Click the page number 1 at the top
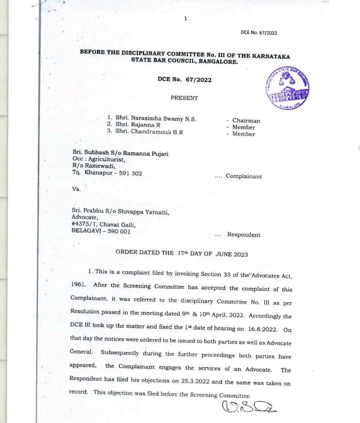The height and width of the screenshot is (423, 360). pyautogui.click(x=186, y=18)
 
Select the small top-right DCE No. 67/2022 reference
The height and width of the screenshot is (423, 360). pyautogui.click(x=259, y=33)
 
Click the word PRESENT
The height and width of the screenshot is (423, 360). pyautogui.click(x=184, y=98)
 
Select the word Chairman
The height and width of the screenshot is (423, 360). pyautogui.click(x=246, y=121)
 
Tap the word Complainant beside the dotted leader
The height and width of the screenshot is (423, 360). pyautogui.click(x=244, y=176)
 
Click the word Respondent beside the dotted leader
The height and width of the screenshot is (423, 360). pyautogui.click(x=244, y=235)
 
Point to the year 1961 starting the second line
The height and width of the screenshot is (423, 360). pyautogui.click(x=79, y=285)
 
